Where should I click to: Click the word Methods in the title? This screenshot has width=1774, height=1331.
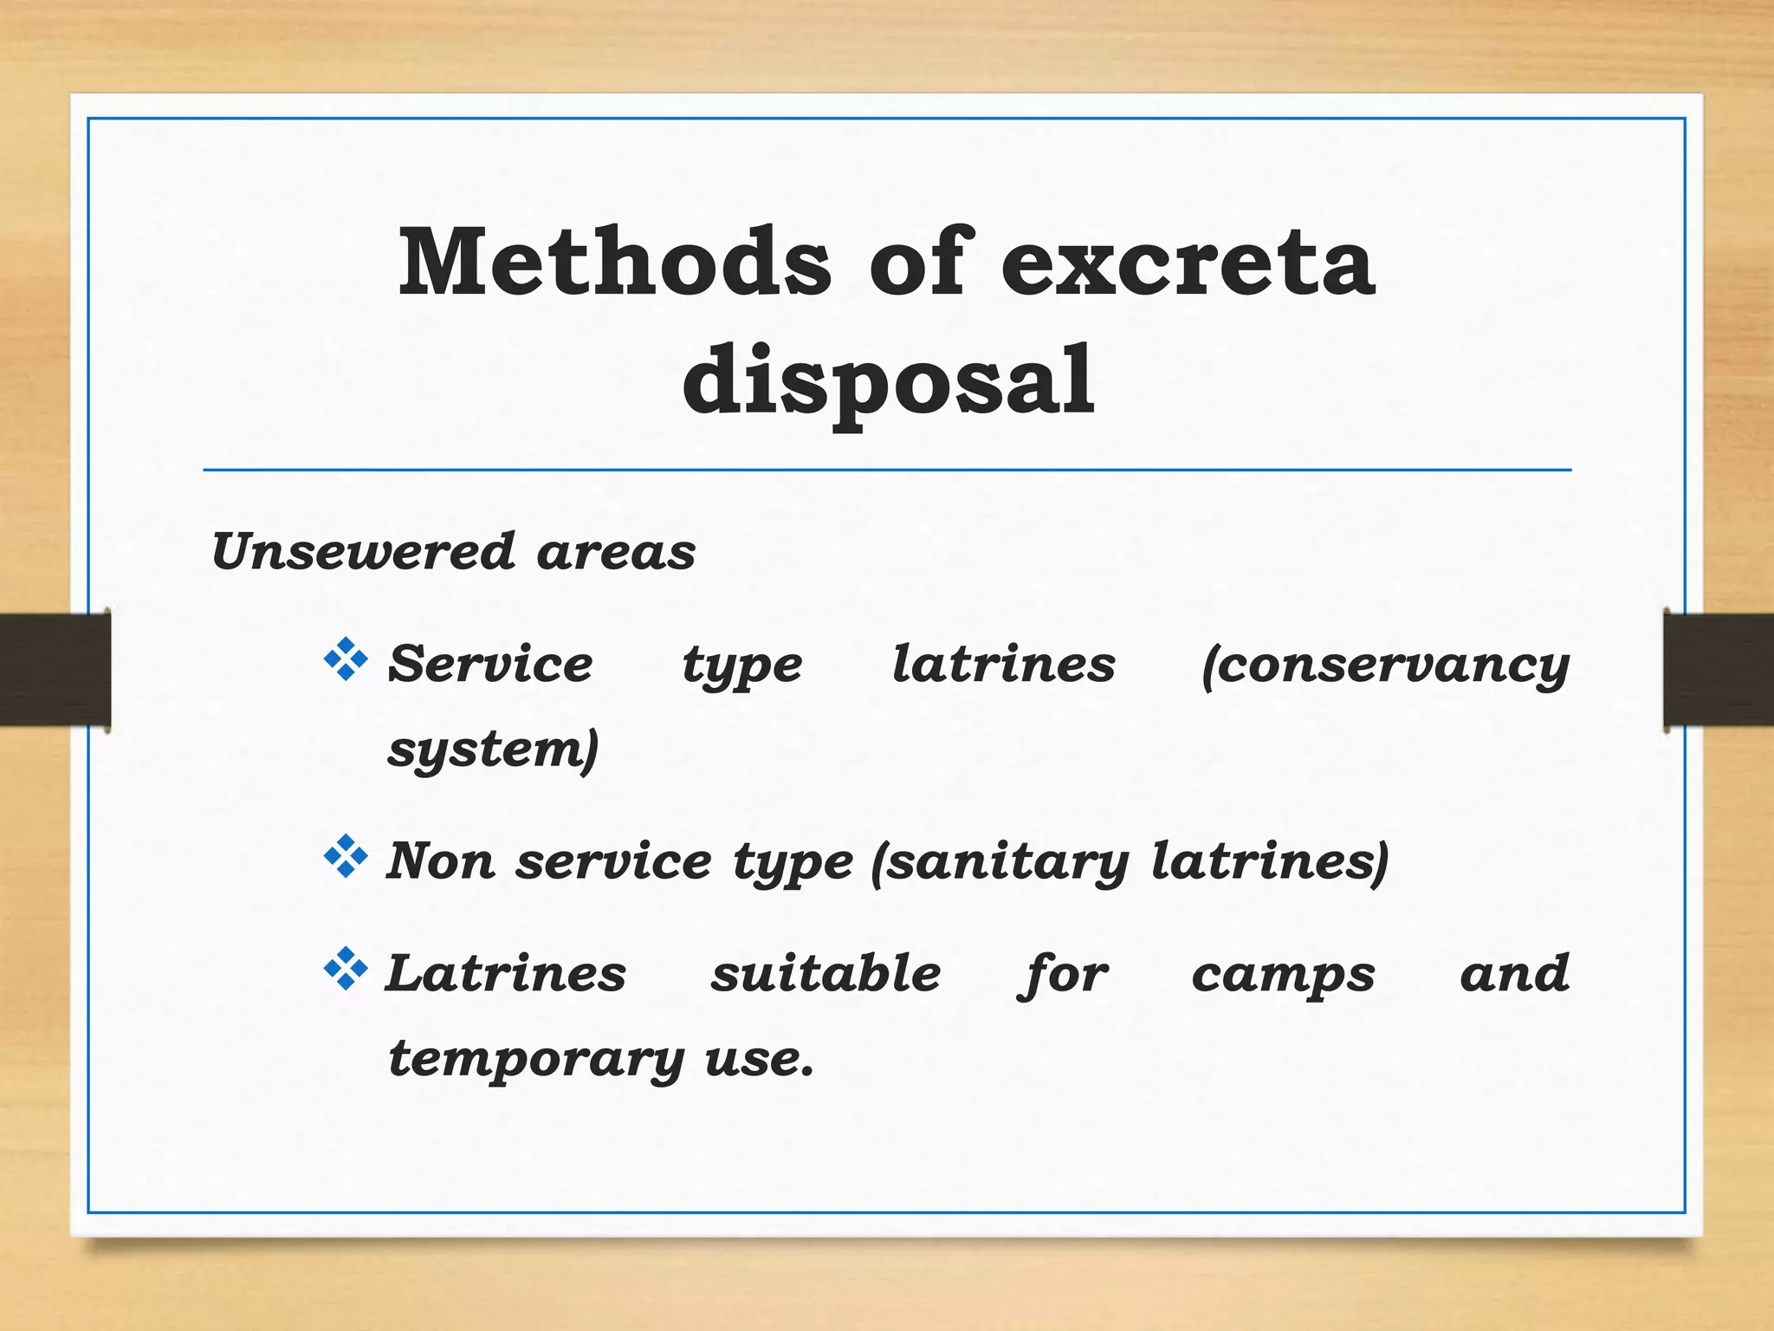pos(614,262)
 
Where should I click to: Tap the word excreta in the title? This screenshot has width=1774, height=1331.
pos(1188,262)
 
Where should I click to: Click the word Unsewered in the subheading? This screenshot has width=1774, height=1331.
pos(364,551)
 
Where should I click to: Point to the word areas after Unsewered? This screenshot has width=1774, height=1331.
pos(616,553)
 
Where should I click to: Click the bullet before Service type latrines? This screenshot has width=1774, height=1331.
pos(346,659)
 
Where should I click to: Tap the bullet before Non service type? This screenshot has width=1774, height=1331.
pos(346,856)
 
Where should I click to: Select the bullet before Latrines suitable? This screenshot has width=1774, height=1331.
pos(346,969)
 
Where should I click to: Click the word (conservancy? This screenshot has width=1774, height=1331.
pos(1385,665)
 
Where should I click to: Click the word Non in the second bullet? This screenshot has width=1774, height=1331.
pos(440,861)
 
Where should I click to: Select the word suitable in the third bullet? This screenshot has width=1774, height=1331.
pos(825,973)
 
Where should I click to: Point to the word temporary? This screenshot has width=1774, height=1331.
pos(536,1059)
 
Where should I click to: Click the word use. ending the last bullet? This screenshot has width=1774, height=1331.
pos(760,1059)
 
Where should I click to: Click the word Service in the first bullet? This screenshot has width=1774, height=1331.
pos(490,665)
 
